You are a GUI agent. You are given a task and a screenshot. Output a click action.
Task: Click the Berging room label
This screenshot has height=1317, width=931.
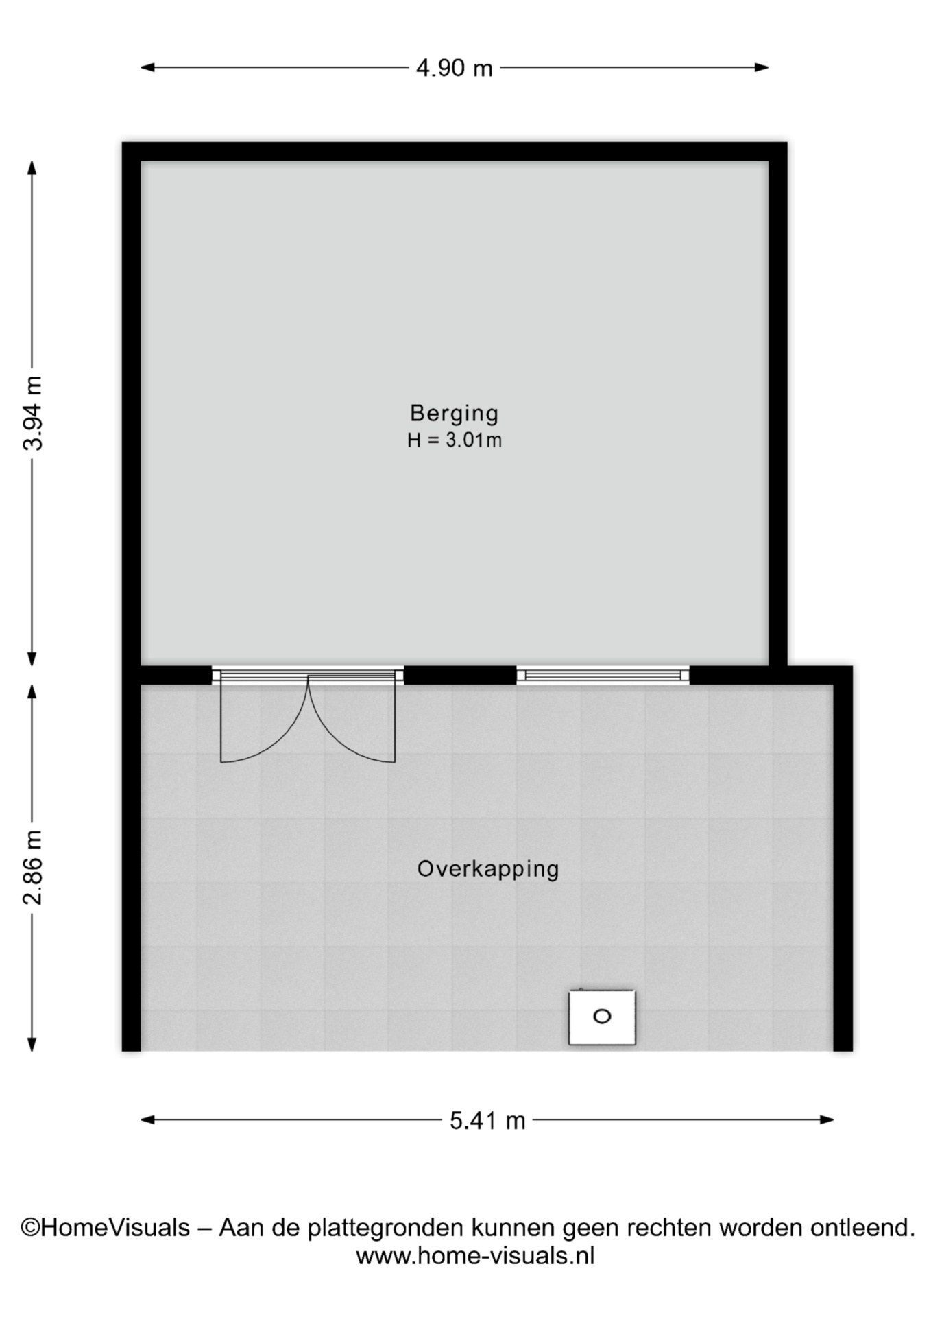coord(454,413)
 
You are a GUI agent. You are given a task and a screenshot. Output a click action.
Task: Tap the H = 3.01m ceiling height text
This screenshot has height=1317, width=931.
coord(454,440)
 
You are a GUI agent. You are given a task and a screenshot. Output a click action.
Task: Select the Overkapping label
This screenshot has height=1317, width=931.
coord(488,869)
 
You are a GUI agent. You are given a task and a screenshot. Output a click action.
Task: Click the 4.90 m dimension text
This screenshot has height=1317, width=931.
coord(454,68)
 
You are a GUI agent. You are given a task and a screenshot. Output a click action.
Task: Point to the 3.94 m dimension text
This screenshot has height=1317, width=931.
coord(33,413)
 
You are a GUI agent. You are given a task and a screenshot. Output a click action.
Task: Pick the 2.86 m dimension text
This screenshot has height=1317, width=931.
coord(33,867)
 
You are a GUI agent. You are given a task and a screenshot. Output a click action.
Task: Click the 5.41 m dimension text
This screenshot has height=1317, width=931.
coord(487,1121)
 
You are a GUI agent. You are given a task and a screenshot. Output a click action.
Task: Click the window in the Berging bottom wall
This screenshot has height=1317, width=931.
coord(603,675)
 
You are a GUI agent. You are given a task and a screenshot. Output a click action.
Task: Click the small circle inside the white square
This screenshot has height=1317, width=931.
coord(602,1017)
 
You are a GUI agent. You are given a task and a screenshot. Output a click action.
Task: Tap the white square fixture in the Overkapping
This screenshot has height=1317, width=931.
coord(602,1017)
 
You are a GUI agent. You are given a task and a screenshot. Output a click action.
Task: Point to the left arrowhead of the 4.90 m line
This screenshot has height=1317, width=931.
coord(147,67)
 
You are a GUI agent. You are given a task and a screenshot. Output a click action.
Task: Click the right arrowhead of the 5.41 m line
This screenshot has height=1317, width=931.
coord(827,1120)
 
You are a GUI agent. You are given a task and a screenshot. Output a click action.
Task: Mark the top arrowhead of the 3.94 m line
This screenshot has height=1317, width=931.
coord(32,167)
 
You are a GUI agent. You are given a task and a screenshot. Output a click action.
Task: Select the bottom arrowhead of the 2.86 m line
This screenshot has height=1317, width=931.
coord(32,1044)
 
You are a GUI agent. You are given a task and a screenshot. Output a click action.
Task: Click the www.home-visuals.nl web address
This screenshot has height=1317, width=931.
coord(475,1256)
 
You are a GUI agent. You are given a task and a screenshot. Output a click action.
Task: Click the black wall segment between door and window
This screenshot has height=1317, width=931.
coord(460,675)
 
